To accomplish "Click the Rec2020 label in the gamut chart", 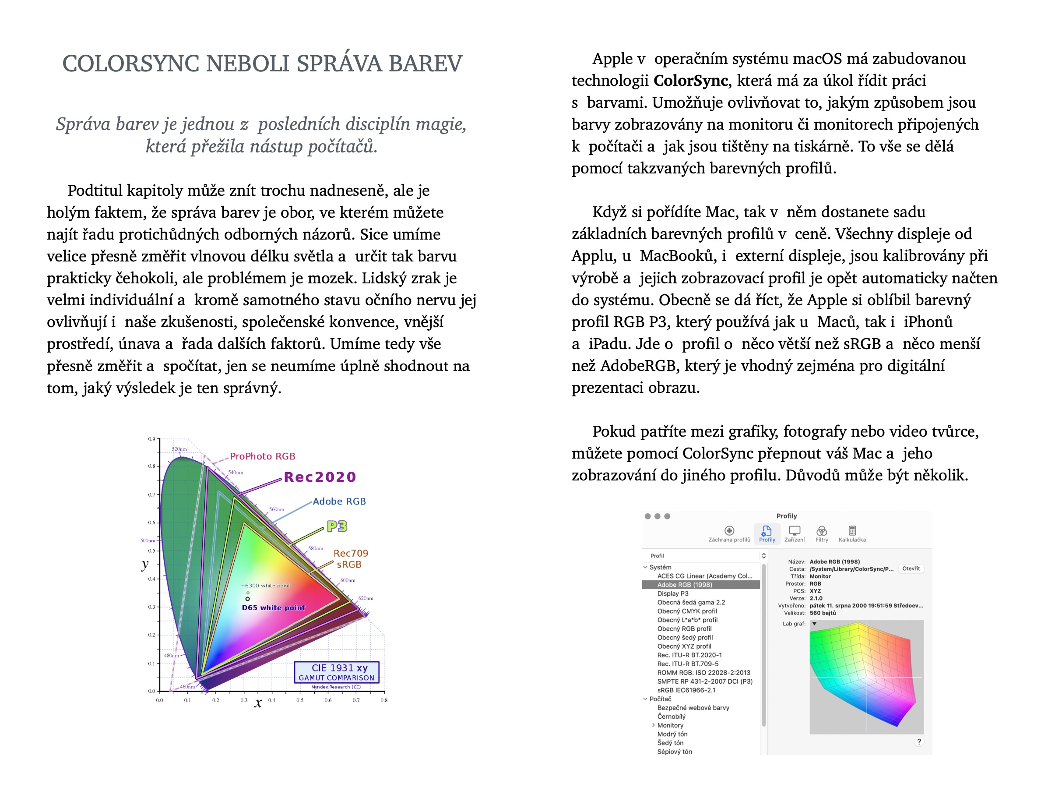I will point(320,477).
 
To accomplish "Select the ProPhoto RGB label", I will point(263,456).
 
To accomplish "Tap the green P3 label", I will point(337,526).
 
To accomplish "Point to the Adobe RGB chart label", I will point(339,501).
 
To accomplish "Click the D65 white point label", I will point(273,607).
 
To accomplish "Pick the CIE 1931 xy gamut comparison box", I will point(336,672).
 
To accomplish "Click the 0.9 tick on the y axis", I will point(151,439).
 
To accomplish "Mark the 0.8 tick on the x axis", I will point(384,700).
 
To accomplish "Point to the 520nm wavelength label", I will point(179,449).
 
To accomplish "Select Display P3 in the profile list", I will point(673,593).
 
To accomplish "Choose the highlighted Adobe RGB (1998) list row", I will point(685,584).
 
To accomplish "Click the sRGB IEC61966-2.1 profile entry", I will point(686,690).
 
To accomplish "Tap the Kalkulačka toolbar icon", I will point(852,531).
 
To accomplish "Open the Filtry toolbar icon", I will point(822,531).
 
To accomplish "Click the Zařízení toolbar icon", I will point(795,531).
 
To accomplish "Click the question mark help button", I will point(918,741).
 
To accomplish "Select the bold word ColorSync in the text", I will point(690,81).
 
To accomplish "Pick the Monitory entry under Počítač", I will point(670,725).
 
